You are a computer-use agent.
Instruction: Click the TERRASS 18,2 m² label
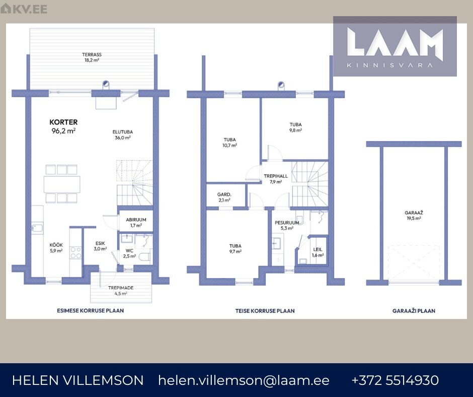click(92, 57)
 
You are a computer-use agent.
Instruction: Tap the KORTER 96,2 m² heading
click(63, 126)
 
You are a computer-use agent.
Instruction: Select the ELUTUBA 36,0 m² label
click(122, 135)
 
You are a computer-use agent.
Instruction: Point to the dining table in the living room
click(62, 184)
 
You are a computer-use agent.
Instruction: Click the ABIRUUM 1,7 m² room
click(136, 222)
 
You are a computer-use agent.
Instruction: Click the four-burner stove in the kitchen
click(75, 252)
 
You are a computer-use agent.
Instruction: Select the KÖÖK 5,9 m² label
click(56, 248)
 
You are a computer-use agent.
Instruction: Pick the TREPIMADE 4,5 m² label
click(121, 290)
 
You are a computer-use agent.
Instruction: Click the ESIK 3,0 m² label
click(100, 246)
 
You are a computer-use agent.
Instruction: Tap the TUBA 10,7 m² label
click(229, 142)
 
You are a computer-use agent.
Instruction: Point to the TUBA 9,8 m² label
click(296, 127)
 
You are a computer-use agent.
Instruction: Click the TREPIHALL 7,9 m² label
click(276, 179)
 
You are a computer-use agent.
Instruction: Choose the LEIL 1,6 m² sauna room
click(318, 252)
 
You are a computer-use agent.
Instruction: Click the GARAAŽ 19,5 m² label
click(414, 216)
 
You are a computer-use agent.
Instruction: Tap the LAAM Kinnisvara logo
click(395, 46)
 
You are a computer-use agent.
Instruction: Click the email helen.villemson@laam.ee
click(244, 380)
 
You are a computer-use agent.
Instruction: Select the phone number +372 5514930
click(395, 380)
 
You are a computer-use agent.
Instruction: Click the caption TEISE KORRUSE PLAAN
click(265, 310)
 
